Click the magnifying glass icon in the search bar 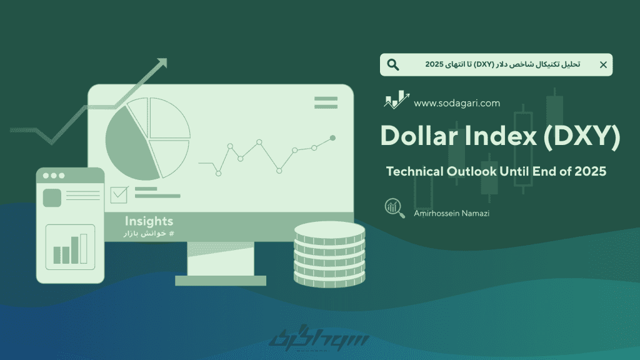tap(393, 64)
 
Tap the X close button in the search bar tap(603, 64)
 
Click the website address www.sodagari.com tap(457, 103)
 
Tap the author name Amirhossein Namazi tap(451, 213)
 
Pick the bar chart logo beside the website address tap(396, 99)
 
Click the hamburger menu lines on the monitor tap(326, 102)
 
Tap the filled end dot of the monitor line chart tap(332, 138)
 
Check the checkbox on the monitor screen tap(119, 195)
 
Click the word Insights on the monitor tap(149, 221)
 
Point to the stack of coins tap(329, 254)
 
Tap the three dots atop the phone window tap(54, 176)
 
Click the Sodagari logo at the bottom tap(318, 338)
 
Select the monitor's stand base tap(221, 281)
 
